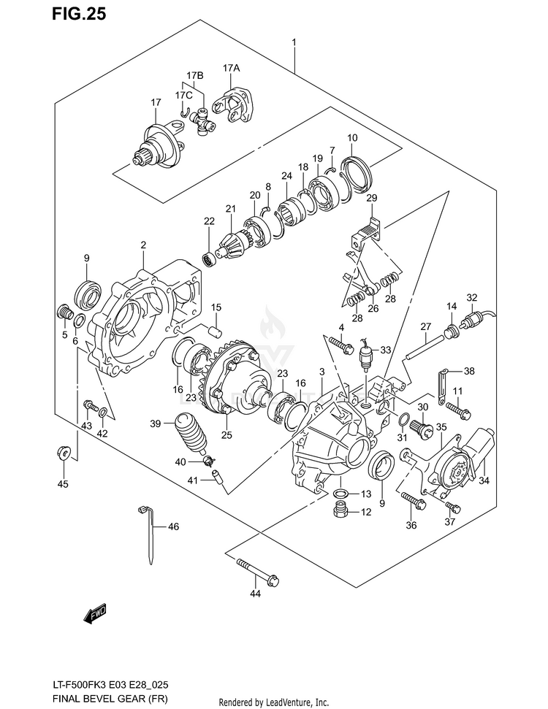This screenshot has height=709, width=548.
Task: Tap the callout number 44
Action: (x=255, y=594)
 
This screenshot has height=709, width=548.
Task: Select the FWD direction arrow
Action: (x=95, y=614)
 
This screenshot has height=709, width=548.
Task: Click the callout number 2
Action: (x=144, y=245)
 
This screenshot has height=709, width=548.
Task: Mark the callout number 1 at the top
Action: (x=294, y=43)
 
